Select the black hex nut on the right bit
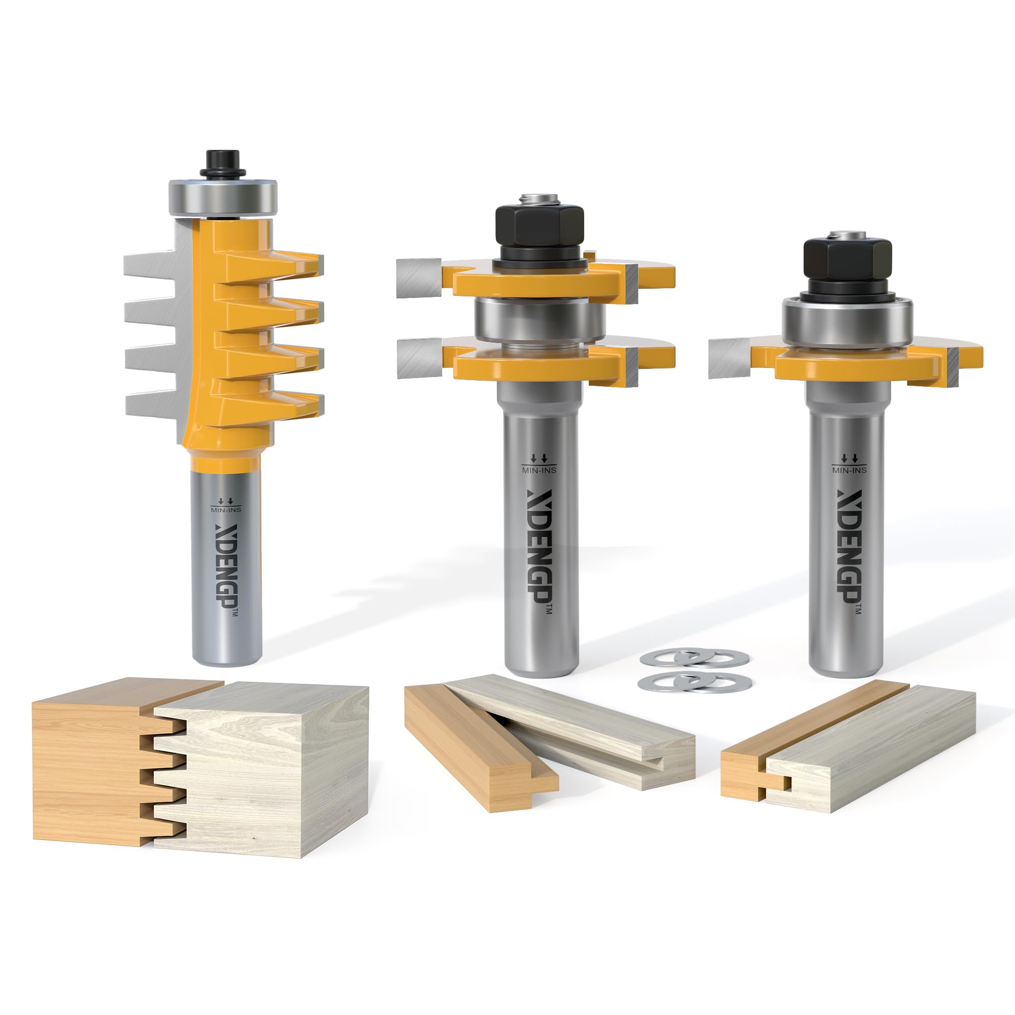point(848,263)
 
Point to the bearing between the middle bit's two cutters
point(540,320)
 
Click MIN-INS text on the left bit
point(226,509)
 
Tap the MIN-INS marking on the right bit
point(850,469)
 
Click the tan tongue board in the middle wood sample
point(473,746)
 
